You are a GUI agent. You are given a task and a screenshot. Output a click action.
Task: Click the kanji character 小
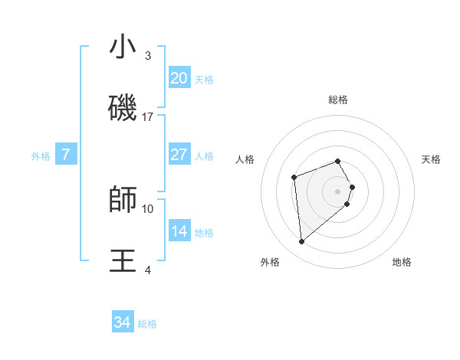pos(123,48)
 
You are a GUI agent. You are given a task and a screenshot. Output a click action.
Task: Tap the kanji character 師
pos(123,200)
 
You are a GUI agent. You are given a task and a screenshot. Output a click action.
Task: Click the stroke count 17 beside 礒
pos(148,117)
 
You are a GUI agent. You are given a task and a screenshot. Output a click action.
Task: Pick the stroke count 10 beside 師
pos(148,208)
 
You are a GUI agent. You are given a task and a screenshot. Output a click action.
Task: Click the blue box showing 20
pos(179,78)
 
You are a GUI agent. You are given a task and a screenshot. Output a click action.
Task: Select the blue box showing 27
pos(179,155)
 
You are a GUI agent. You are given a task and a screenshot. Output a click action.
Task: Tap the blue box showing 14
pos(179,231)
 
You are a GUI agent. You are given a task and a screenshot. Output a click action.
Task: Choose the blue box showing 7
pos(66,155)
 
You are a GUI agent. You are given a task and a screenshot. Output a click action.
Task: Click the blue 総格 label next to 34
pos(147,325)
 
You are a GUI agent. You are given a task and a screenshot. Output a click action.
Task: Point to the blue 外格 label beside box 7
pos(41,156)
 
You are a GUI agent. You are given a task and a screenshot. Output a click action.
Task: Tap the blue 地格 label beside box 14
pos(204,233)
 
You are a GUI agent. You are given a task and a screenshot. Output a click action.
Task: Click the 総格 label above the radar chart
pos(338,100)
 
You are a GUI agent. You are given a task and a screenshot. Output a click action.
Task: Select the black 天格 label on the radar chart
pos(431,159)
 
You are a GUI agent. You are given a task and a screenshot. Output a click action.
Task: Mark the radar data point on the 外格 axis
pos(302,242)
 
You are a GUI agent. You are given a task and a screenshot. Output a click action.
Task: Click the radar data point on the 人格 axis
pos(294,178)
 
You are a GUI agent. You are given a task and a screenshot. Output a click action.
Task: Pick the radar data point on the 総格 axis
pos(338,162)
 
